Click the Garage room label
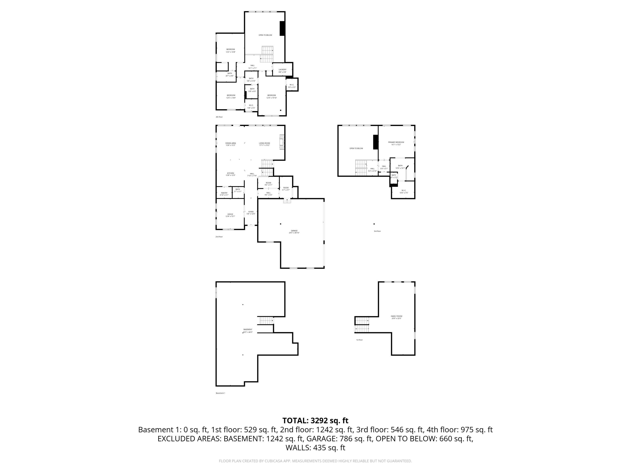point(294,232)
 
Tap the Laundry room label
point(282,71)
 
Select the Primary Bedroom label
point(396,143)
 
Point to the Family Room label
point(396,317)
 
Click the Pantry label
point(224,194)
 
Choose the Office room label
point(230,215)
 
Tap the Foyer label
point(251,213)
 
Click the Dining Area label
point(230,144)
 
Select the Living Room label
point(264,144)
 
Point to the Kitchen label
point(230,174)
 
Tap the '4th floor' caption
point(219,117)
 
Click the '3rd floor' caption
point(377,231)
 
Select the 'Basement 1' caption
point(220,393)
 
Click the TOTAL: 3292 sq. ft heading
point(315,421)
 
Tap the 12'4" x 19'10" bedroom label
point(272,96)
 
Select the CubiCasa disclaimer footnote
point(315,461)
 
